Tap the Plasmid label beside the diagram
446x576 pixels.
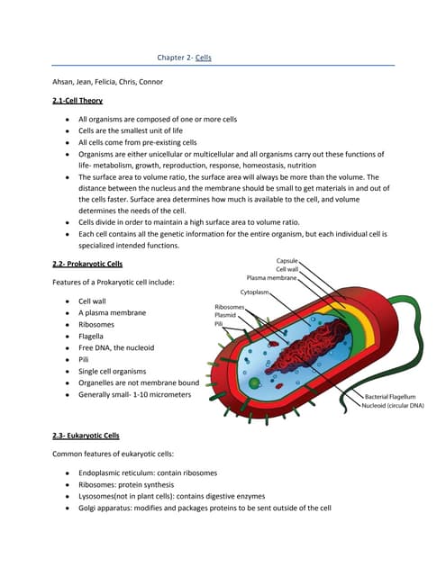226,316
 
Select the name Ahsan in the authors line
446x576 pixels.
66,83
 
